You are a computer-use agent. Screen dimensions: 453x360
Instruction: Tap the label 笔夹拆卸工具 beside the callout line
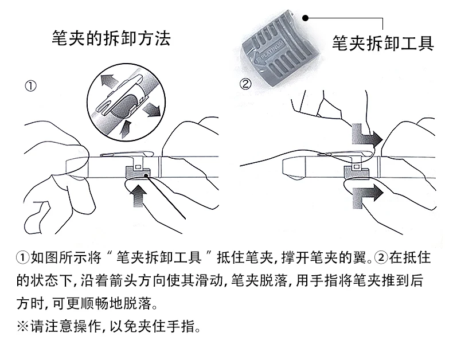click(x=382, y=43)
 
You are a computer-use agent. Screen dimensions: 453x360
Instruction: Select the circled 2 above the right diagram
click(x=245, y=84)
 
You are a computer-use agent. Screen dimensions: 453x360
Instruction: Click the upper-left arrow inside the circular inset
click(x=110, y=82)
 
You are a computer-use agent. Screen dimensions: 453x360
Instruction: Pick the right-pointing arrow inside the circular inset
click(x=150, y=108)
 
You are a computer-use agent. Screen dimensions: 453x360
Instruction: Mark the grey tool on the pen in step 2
click(x=354, y=171)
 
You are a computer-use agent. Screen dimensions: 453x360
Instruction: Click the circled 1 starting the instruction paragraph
click(x=22, y=257)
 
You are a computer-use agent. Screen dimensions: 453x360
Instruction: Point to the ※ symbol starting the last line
click(x=22, y=328)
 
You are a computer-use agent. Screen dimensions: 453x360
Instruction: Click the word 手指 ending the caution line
click(x=184, y=328)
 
